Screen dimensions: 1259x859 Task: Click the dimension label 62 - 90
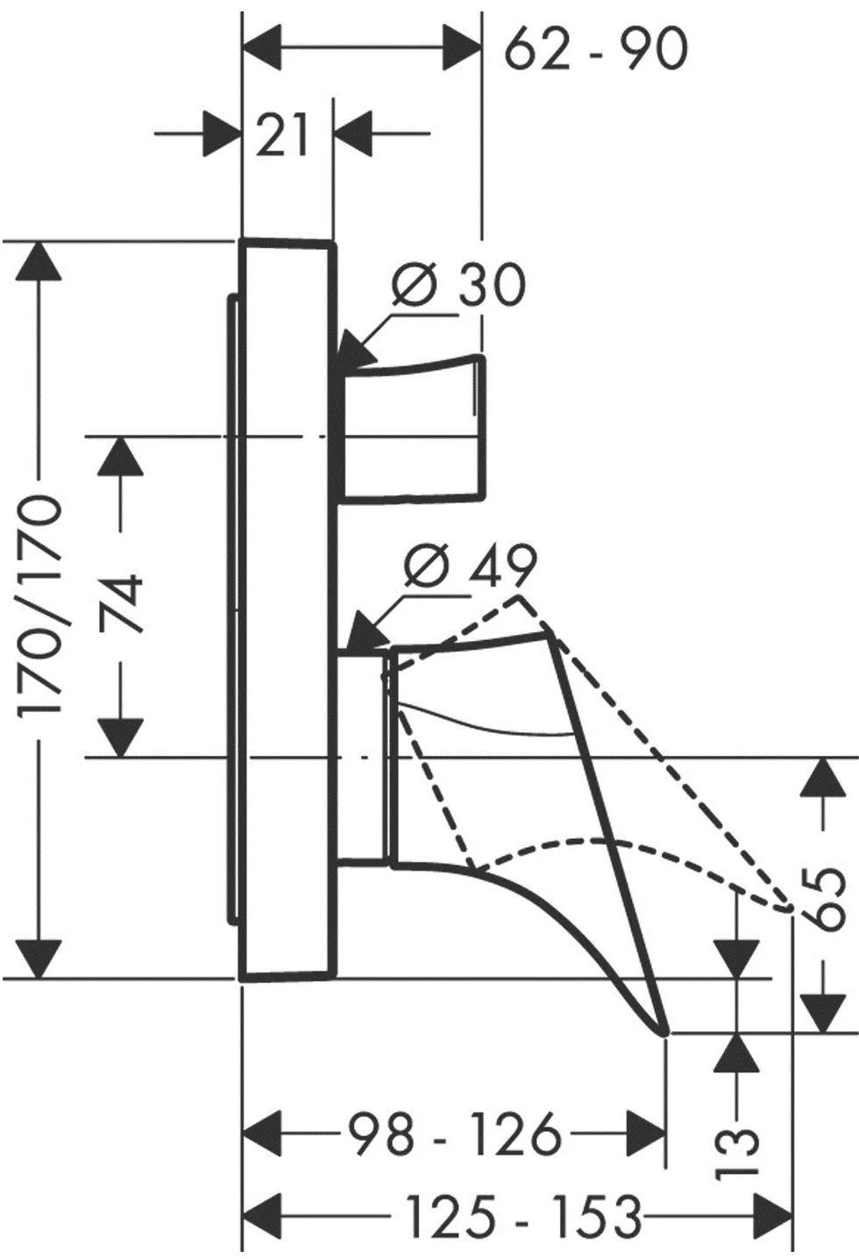tap(596, 49)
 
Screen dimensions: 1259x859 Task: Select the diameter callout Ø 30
tap(458, 285)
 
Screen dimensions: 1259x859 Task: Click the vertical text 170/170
tap(41, 604)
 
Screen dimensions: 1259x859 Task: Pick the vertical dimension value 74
tap(122, 603)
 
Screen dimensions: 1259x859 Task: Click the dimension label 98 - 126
tap(453, 1135)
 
